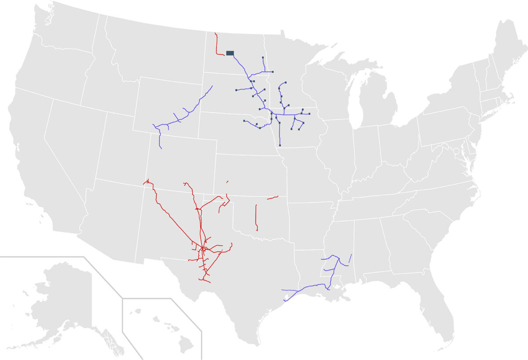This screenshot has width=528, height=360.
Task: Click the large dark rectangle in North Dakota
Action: coord(230,53)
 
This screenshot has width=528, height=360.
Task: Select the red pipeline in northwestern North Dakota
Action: coord(216,44)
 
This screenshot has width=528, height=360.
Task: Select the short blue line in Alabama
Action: coord(350,258)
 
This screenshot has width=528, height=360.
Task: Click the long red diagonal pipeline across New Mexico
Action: coord(176,220)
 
